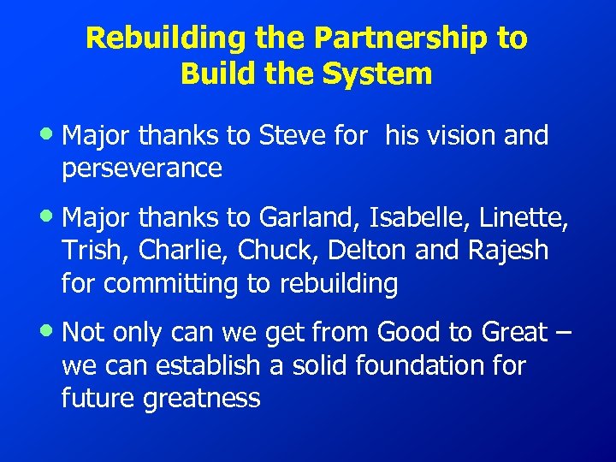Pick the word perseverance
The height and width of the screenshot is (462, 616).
pos(142,169)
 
